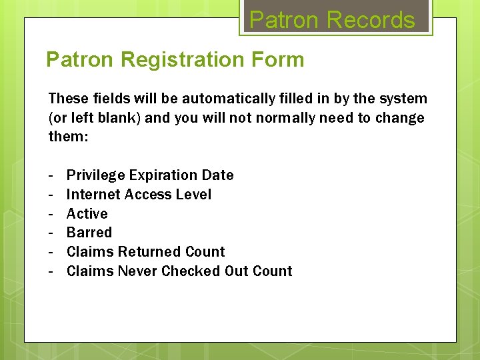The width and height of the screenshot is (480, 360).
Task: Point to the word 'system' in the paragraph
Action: click(403, 99)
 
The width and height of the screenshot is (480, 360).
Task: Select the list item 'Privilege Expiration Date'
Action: click(150, 175)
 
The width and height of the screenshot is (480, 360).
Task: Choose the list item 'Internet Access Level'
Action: click(139, 195)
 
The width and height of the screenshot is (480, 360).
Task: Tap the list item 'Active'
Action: click(87, 214)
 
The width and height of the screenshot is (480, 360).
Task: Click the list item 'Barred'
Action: click(89, 233)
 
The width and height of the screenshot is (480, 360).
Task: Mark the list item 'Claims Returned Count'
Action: click(145, 252)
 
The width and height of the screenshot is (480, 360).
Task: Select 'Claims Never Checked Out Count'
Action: click(179, 271)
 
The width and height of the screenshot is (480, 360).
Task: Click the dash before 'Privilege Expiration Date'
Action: click(51, 175)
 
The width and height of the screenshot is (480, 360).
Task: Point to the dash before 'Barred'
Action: click(51, 233)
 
